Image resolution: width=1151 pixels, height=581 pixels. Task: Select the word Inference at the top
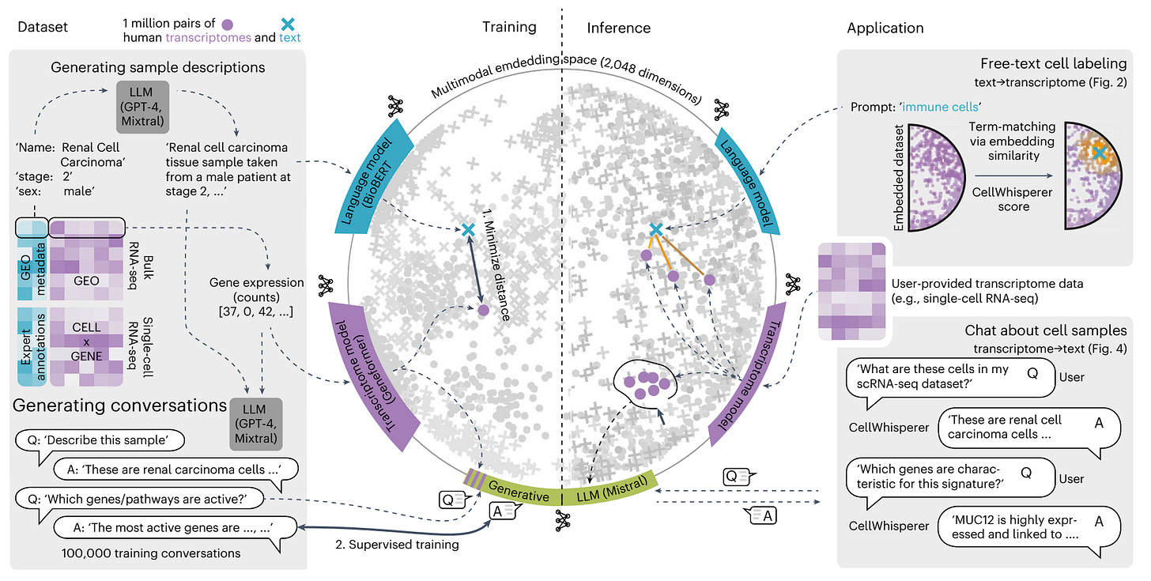618,28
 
